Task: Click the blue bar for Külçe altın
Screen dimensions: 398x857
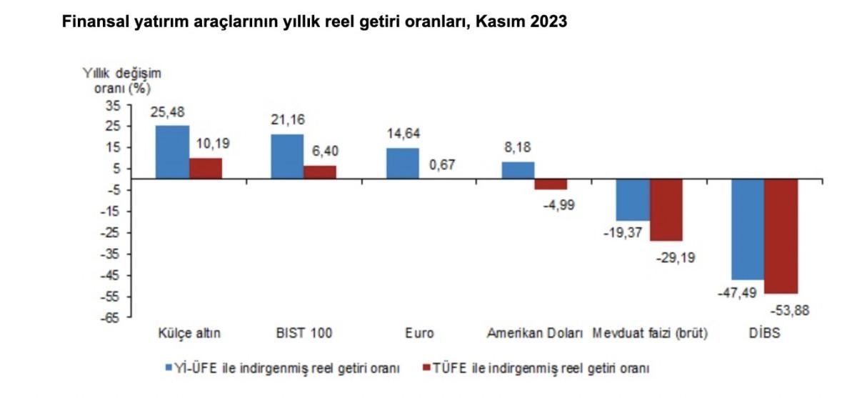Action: click(x=172, y=151)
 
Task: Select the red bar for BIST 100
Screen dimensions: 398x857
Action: click(x=319, y=172)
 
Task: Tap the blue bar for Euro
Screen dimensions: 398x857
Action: click(x=402, y=163)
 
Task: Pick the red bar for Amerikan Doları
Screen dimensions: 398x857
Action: click(x=551, y=184)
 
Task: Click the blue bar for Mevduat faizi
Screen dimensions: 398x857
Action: click(x=633, y=199)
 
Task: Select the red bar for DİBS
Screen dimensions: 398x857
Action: click(x=781, y=236)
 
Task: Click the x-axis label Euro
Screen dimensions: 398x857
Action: click(x=419, y=333)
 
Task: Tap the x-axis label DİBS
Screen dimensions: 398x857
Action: click(x=765, y=333)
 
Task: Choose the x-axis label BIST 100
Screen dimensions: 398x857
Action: click(x=304, y=333)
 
